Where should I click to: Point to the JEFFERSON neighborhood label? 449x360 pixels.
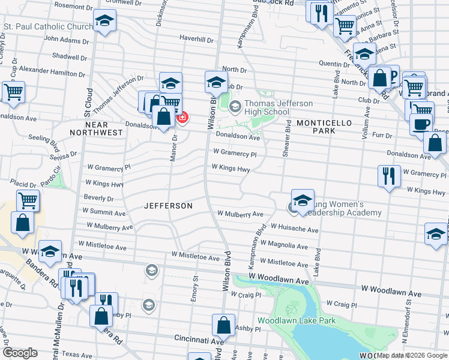(169, 206)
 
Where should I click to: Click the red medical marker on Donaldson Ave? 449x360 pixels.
(181, 118)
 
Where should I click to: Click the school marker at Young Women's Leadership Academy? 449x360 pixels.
(303, 200)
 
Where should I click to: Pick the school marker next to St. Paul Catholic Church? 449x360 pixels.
(104, 22)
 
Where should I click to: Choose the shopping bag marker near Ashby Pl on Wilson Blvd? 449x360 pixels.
(223, 325)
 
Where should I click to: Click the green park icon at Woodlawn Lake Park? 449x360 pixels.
(292, 310)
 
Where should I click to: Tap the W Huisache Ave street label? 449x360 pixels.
(294, 229)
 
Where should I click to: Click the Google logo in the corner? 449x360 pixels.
(20, 353)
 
